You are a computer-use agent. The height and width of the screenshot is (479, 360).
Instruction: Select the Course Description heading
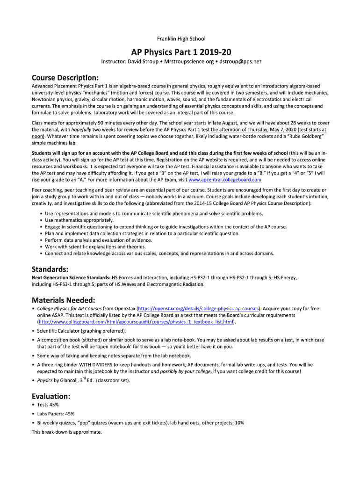pos(65,77)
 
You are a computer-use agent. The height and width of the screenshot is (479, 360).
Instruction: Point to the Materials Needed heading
pos(63,300)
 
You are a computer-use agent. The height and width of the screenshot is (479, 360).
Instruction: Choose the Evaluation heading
pos(51,395)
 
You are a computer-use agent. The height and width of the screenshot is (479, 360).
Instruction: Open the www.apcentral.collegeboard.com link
pos(224,180)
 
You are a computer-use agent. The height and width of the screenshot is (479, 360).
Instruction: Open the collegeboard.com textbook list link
pos(136,322)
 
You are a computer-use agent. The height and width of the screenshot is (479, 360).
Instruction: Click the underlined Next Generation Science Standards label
pos(71,278)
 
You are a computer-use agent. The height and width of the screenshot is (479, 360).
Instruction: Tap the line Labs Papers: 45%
pos(56,414)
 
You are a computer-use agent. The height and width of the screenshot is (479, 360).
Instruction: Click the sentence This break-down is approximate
pos(66,432)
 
